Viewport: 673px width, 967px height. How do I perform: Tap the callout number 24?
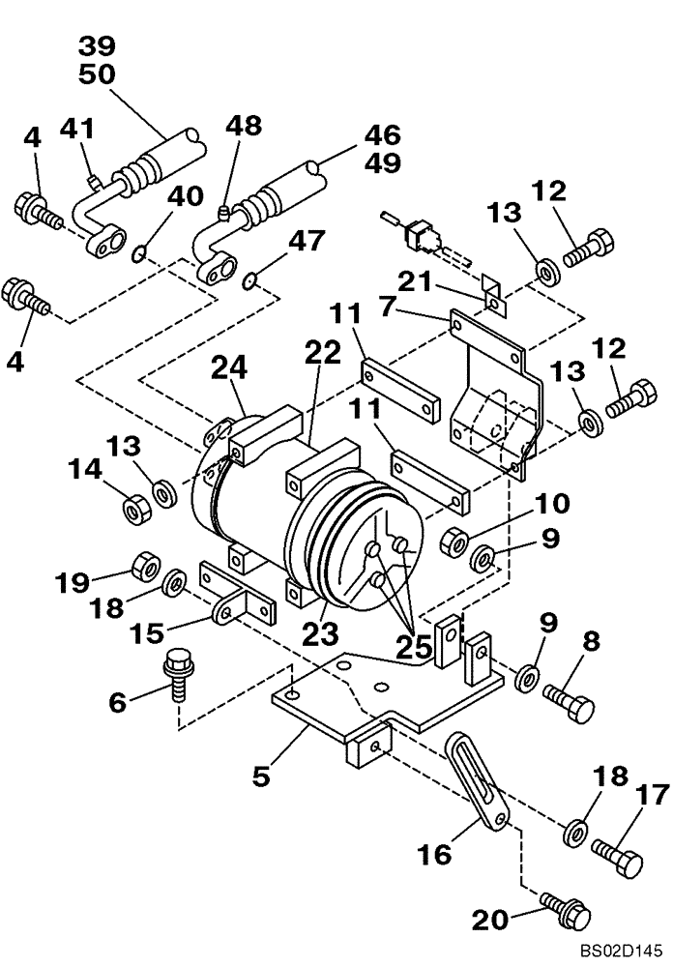click(232, 368)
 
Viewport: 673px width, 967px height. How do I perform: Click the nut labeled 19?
click(145, 563)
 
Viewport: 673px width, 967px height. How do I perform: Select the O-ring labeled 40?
click(140, 254)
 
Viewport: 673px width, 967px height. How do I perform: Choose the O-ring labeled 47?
click(249, 281)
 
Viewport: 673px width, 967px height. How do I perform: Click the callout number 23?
click(320, 633)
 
